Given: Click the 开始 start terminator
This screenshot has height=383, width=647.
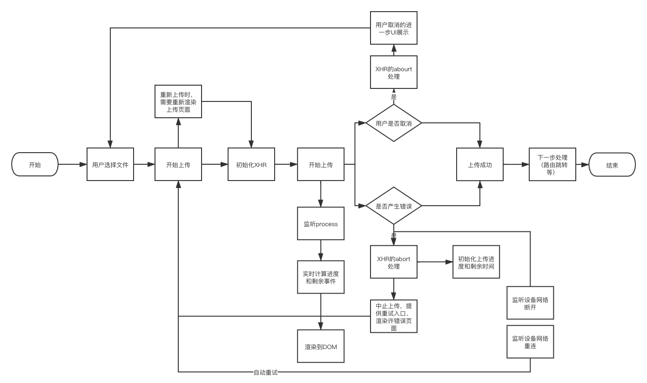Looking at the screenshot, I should [35, 164].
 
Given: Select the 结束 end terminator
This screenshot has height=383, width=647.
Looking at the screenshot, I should [612, 164].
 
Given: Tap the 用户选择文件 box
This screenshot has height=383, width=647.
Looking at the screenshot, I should [110, 164].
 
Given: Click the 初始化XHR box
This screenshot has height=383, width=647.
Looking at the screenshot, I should [251, 164].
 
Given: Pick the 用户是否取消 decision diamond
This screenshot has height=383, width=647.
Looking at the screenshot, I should [393, 123].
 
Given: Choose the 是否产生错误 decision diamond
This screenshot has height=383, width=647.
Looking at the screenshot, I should [393, 205].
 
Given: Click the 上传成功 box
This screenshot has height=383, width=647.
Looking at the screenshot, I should [479, 164].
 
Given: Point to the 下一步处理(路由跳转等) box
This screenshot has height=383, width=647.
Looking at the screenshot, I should [553, 164].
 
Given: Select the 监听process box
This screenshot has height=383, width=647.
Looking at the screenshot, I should [321, 224].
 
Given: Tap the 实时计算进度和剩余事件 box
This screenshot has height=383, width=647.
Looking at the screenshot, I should [321, 277].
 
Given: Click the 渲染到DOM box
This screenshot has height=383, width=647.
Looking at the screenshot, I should [321, 346].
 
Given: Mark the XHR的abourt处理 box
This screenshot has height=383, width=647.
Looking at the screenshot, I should [393, 72].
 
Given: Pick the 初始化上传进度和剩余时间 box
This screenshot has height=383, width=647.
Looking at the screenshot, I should [476, 262].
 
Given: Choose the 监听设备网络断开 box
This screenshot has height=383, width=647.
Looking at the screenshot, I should [530, 302].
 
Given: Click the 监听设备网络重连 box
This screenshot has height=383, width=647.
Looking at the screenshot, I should [530, 342].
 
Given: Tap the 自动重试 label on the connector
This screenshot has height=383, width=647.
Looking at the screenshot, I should [265, 372].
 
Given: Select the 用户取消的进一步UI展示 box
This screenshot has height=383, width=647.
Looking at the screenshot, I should [393, 28].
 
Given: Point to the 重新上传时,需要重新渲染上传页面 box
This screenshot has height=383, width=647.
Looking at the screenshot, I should [178, 101].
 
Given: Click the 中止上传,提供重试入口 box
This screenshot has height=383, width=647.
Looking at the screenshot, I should [393, 316].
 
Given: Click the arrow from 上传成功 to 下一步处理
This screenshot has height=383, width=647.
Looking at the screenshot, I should [516, 164].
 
